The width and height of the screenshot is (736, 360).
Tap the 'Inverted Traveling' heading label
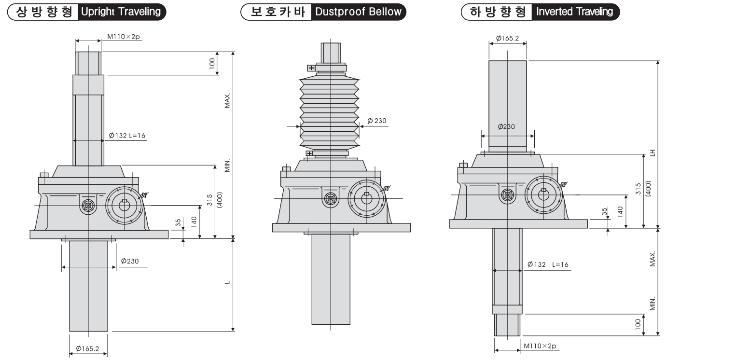pyautogui.click(x=574, y=12)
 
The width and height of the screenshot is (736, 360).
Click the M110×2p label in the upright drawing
pyautogui.click(x=123, y=37)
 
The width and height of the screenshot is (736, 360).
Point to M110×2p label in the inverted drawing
pyautogui.click(x=540, y=346)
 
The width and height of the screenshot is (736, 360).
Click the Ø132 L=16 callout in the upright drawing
pyautogui.click(x=127, y=136)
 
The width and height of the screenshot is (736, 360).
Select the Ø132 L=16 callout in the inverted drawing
pyautogui.click(x=548, y=264)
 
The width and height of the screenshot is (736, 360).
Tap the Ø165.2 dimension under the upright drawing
pyautogui.click(x=87, y=348)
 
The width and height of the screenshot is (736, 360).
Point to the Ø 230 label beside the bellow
pyautogui.click(x=377, y=121)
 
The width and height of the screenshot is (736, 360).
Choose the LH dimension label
pyautogui.click(x=653, y=152)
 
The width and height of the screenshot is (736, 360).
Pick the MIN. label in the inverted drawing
pyautogui.click(x=653, y=304)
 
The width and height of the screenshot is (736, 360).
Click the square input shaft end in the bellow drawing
pyautogui.click(x=331, y=198)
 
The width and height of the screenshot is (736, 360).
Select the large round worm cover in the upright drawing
pyautogui.click(x=125, y=205)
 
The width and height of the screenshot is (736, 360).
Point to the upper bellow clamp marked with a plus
pyautogui.click(x=311, y=68)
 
